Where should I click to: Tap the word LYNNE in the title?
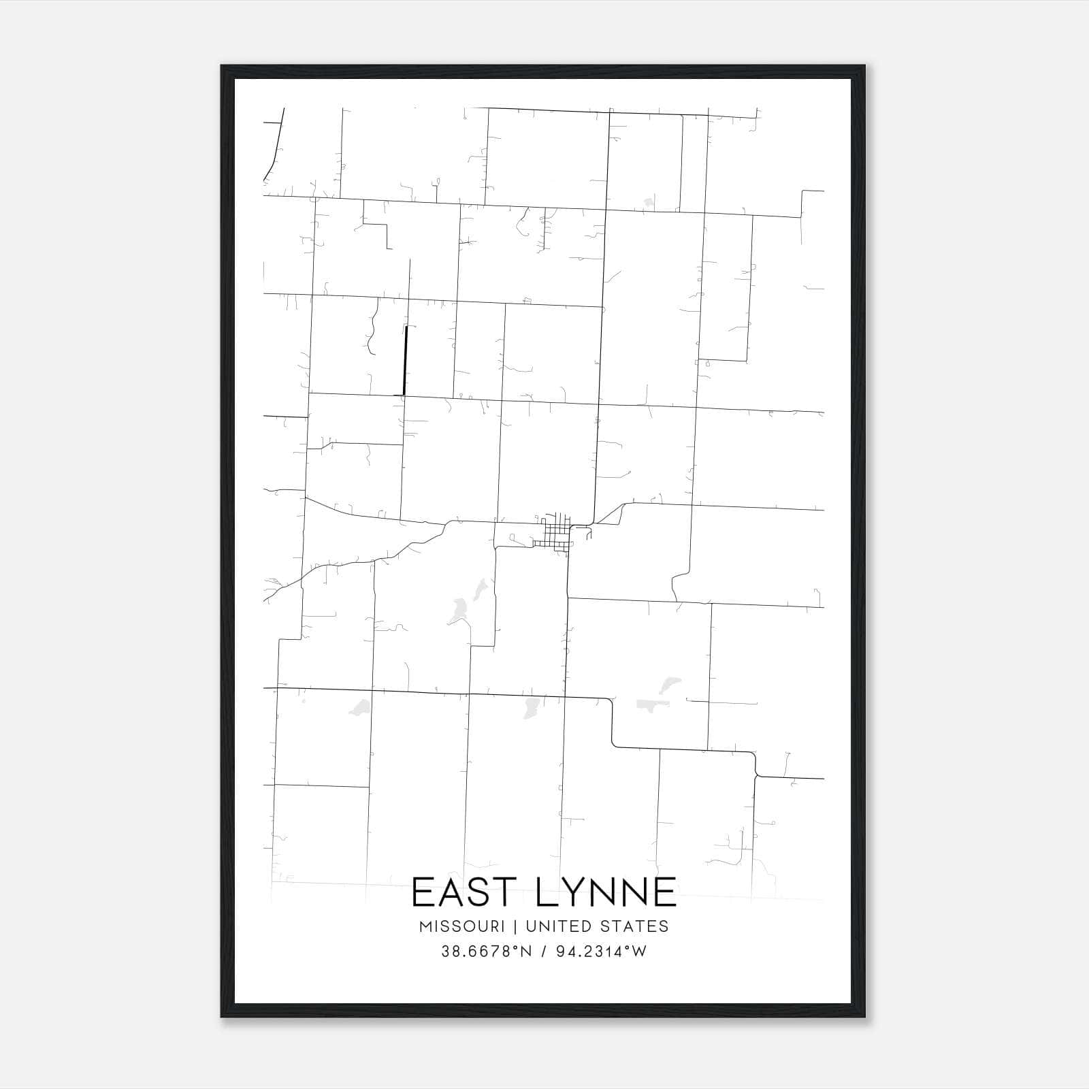click(606, 892)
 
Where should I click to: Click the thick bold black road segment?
click(406, 360)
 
